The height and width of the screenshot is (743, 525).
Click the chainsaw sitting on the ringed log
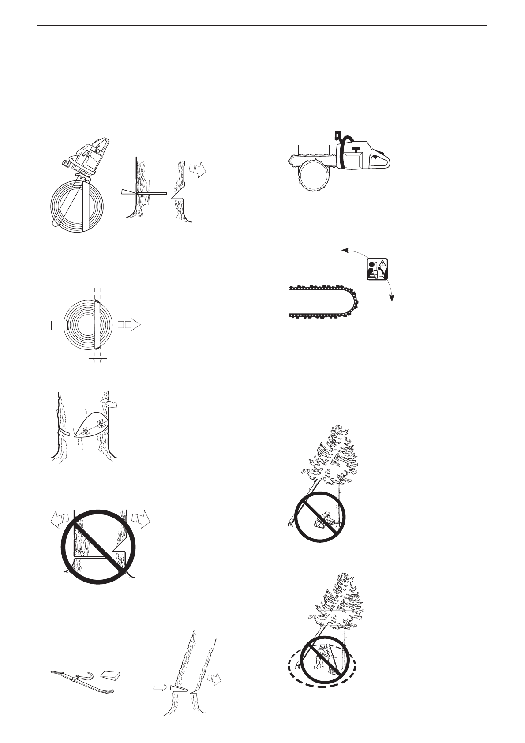(x=87, y=157)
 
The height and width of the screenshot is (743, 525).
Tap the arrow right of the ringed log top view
(x=130, y=325)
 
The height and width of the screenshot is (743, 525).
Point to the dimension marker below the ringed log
(x=97, y=359)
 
